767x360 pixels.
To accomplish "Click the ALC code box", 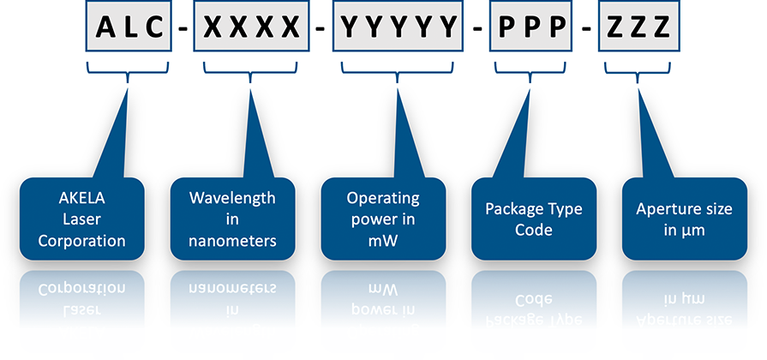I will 129,27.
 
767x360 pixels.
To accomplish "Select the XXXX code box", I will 252,27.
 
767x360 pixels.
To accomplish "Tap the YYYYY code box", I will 398,27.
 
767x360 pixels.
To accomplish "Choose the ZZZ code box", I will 639,27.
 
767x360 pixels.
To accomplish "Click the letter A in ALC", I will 103,27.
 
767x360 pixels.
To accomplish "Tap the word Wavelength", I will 233,198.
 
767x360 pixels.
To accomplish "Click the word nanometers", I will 233,241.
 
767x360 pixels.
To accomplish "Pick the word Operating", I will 383,198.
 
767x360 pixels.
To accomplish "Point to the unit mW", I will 383,241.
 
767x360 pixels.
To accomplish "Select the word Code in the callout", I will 533,231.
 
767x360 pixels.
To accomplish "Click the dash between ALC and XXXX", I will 182,30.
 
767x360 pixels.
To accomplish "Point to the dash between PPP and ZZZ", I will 587,30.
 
